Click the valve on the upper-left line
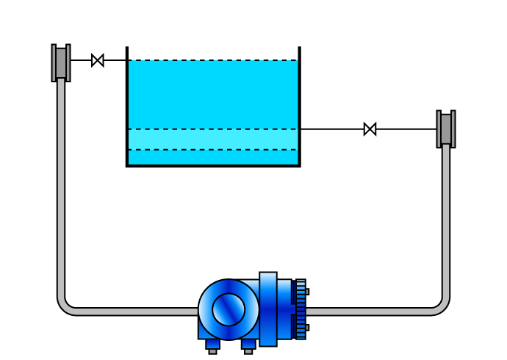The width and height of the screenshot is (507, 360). [x=98, y=60]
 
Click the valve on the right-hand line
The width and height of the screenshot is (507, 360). [x=370, y=129]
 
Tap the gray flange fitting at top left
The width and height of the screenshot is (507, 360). [x=61, y=62]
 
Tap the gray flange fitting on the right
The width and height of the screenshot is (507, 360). [x=446, y=129]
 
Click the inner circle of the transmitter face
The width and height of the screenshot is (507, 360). [x=229, y=309]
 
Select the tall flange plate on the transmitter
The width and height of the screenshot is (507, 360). [x=268, y=309]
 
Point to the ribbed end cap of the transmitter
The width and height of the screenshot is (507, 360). [x=301, y=309]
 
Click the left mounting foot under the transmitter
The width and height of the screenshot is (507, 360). [x=212, y=345]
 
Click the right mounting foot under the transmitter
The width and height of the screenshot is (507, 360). [x=248, y=345]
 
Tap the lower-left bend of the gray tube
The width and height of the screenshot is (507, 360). [x=65, y=305]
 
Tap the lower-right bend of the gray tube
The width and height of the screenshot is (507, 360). [x=442, y=305]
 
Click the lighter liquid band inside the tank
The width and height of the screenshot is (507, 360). [x=213, y=140]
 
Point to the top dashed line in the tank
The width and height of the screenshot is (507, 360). [x=213, y=60]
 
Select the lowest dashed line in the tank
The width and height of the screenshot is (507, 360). [x=213, y=150]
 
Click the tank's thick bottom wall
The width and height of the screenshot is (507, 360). [x=213, y=166]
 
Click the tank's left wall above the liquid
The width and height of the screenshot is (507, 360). [x=127, y=54]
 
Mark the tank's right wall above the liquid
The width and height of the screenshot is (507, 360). [x=300, y=54]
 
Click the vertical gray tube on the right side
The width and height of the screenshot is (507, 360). [x=446, y=220]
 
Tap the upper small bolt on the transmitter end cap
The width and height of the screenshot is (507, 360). [x=307, y=292]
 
